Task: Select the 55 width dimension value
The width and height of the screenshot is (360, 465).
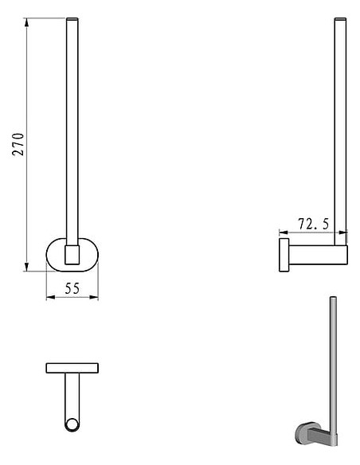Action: click(72, 288)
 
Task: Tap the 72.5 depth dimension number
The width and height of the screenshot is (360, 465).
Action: click(314, 225)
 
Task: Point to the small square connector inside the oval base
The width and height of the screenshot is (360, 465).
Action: click(72, 255)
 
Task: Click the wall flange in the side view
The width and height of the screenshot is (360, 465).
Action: click(284, 254)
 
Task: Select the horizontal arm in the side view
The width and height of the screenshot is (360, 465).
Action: click(315, 254)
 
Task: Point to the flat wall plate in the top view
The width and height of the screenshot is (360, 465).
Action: click(72, 368)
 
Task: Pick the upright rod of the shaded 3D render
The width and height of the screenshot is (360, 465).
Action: click(332, 358)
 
